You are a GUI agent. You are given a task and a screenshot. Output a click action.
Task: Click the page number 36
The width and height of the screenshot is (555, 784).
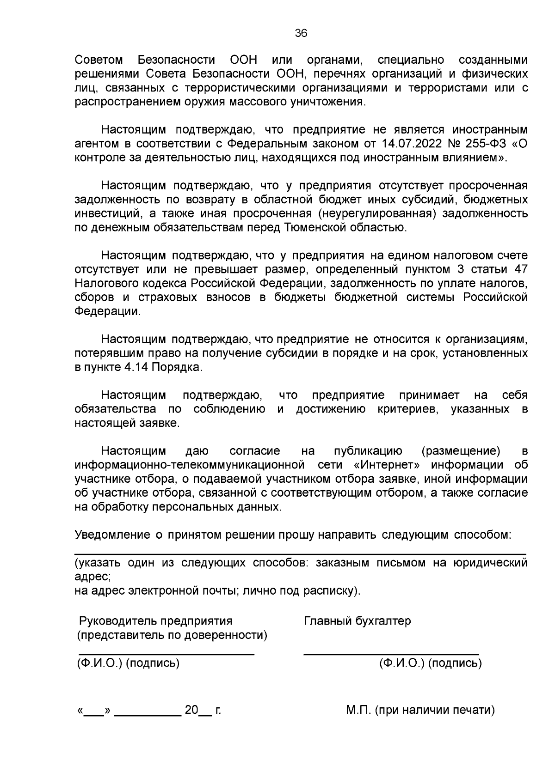point(301,33)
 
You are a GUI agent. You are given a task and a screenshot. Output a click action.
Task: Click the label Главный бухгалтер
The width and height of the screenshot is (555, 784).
point(357,621)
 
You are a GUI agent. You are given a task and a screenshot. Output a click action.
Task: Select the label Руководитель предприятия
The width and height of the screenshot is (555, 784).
point(156,621)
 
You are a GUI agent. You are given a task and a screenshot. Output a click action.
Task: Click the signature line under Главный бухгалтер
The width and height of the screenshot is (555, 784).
point(391,654)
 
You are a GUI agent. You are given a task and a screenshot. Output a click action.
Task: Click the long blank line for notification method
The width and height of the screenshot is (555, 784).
point(301,553)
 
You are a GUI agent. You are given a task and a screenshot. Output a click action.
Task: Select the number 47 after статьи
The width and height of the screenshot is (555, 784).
point(520,269)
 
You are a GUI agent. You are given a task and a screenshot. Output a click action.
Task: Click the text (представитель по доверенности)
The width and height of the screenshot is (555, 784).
point(172,635)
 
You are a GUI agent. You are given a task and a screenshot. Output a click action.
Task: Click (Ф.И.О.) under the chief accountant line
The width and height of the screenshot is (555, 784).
point(401,663)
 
